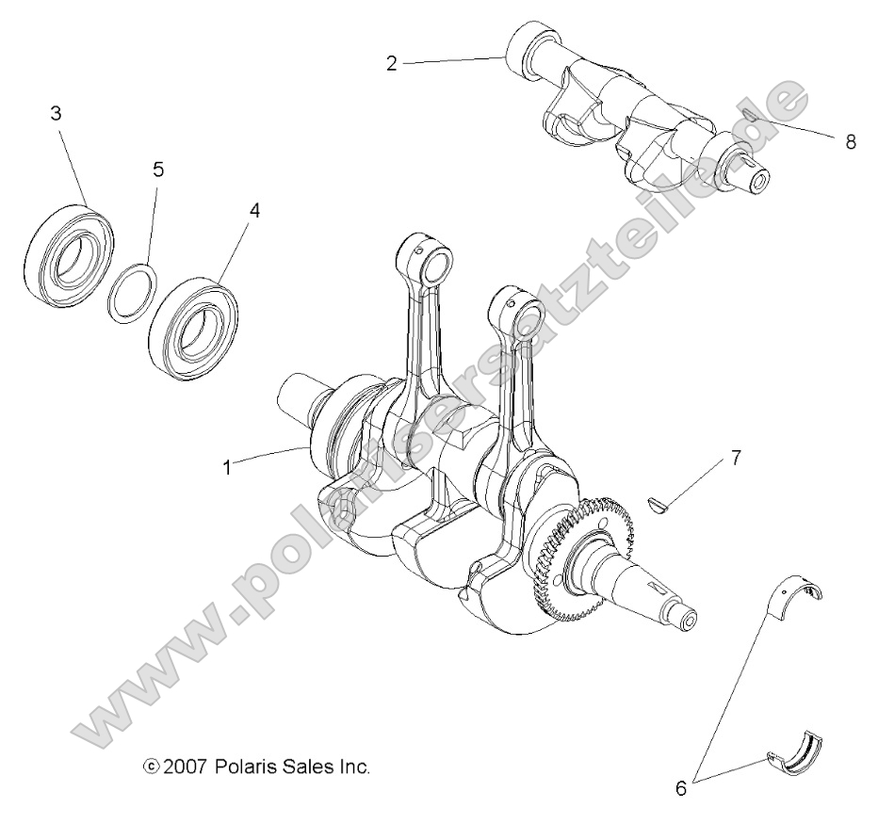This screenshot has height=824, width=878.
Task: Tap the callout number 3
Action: point(56,114)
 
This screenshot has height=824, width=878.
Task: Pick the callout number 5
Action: point(158,170)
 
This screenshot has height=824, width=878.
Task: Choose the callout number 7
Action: point(736,459)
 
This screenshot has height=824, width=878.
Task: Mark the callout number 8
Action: point(851,141)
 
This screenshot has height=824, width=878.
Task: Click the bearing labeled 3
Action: point(67,249)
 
